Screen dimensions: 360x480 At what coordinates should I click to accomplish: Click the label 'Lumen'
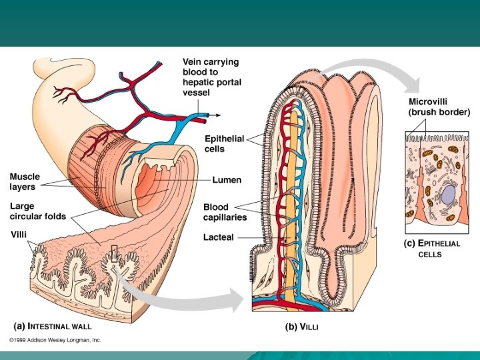tap(227, 180)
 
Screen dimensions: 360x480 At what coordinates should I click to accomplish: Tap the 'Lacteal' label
tap(219, 237)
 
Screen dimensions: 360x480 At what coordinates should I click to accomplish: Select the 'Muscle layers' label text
tap(25, 182)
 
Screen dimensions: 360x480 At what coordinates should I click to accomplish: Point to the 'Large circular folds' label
tap(41, 212)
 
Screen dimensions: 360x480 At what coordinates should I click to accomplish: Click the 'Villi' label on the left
tap(19, 235)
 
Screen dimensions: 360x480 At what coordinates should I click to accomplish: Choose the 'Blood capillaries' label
tap(225, 212)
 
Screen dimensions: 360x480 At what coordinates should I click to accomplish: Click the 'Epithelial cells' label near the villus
tap(223, 144)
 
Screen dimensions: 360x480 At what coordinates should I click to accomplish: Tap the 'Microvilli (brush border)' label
tap(439, 106)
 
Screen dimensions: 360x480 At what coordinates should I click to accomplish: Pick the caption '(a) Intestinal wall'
tap(53, 327)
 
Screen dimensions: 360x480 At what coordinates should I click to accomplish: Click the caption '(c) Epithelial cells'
tap(433, 248)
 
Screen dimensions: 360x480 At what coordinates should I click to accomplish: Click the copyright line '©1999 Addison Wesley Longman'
tap(55, 339)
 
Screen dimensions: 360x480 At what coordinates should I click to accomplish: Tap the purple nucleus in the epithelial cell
tap(447, 195)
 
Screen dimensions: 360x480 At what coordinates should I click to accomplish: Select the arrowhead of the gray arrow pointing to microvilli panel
tap(414, 85)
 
